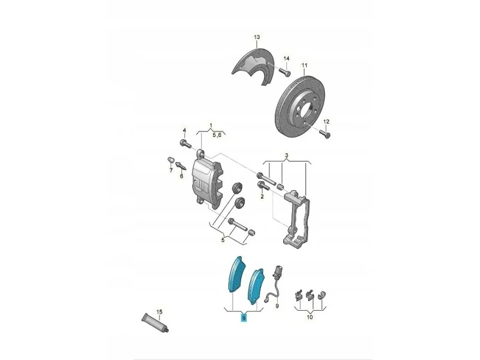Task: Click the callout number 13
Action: coord(257,37)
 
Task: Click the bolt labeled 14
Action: coord(284,72)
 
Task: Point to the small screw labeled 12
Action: coord(325,133)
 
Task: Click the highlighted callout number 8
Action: coord(244,318)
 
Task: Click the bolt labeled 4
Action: coord(185,143)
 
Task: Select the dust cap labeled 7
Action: coord(170,160)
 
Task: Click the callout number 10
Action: coord(310,317)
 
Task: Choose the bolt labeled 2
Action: coord(263,185)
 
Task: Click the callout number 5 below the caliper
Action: coord(223,240)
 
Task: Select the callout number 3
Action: coord(287,155)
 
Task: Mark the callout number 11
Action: coord(304,65)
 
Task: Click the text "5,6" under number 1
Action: coord(217,134)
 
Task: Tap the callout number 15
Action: coord(159,312)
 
